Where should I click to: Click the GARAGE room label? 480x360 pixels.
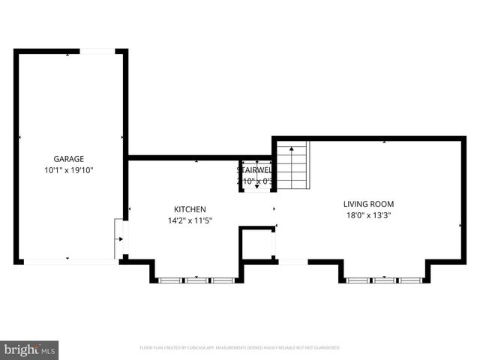click(x=68, y=159)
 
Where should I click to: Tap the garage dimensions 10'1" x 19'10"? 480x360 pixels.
click(x=68, y=170)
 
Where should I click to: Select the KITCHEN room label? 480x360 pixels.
click(x=190, y=209)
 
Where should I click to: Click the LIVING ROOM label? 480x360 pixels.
click(x=368, y=204)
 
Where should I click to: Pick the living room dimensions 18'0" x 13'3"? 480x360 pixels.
click(x=368, y=215)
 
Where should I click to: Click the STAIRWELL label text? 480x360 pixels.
click(x=254, y=170)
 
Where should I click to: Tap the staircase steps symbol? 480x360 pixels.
click(x=292, y=166)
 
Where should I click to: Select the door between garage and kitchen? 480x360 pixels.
click(x=120, y=238)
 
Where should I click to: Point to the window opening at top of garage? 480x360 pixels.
click(x=97, y=51)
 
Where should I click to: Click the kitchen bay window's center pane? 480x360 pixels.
click(x=196, y=280)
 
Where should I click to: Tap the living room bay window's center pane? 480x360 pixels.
click(x=384, y=280)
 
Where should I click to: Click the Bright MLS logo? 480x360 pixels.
click(x=30, y=349)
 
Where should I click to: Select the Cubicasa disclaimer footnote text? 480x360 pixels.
click(x=240, y=348)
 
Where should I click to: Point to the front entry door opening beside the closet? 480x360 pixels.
click(x=292, y=262)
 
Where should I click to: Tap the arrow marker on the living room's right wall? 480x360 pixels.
click(x=460, y=224)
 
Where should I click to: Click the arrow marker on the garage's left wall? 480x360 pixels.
click(x=19, y=137)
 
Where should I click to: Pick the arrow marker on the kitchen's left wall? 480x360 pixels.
click(x=130, y=208)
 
